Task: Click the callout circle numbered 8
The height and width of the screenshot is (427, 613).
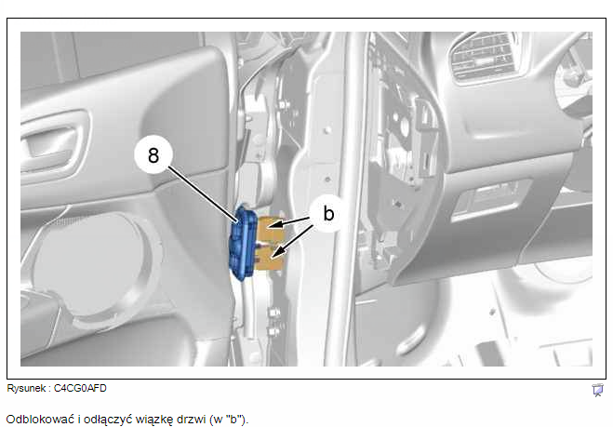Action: click(153, 154)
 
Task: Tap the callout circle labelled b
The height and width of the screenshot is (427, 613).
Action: click(328, 214)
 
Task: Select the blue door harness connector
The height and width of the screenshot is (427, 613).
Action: click(243, 243)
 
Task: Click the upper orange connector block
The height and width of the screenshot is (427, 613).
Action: click(271, 230)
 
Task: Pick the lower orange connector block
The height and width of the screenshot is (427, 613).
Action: click(270, 259)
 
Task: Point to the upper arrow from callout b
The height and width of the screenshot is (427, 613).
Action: click(289, 222)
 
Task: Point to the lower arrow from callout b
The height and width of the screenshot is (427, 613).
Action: click(292, 242)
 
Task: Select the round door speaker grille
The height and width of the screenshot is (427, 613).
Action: click(91, 262)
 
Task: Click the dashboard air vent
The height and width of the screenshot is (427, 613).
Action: click(485, 57)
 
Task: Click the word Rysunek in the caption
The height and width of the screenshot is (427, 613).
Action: click(26, 388)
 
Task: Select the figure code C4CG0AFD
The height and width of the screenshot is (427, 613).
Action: click(80, 388)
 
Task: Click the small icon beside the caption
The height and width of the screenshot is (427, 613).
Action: click(597, 390)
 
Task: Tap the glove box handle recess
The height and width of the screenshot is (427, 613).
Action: click(492, 198)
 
